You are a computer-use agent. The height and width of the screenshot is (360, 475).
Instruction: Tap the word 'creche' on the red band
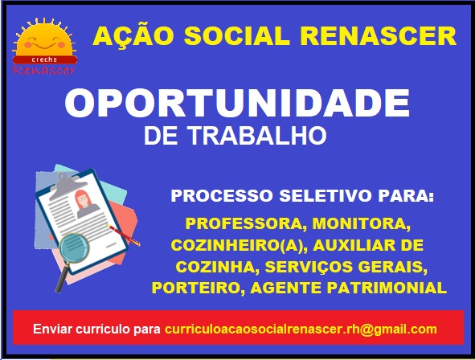44,59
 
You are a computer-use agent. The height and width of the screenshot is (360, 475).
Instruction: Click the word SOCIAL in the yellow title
236,36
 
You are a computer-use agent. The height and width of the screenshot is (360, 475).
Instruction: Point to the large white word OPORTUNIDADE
237,103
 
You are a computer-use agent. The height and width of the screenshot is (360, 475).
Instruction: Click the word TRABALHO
258,135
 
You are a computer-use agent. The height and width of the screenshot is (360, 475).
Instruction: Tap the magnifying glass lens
74,248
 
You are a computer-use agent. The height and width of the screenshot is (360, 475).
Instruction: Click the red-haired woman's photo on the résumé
86,203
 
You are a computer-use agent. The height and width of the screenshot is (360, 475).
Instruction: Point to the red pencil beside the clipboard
124,235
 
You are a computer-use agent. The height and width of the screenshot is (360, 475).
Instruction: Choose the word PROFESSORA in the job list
244,223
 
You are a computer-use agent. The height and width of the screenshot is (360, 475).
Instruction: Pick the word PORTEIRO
196,288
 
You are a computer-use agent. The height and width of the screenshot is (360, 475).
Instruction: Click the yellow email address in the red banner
301,329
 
